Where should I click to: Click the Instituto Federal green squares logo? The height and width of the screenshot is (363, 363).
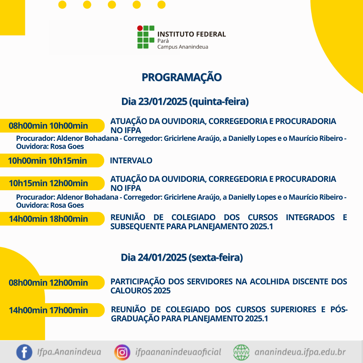146,37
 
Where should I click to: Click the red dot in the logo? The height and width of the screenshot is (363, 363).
140,28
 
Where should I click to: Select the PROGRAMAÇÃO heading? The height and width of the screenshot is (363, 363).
182,77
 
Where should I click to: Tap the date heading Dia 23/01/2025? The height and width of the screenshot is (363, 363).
185,102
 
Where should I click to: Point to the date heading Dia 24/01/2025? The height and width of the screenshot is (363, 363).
182,257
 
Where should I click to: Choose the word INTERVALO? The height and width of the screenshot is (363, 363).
131,160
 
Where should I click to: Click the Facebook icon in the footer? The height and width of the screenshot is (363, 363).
24,352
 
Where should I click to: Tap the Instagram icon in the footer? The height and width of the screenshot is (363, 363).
122,352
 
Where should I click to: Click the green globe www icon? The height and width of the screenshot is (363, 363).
241,352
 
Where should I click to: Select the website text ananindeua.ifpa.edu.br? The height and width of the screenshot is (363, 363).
300,352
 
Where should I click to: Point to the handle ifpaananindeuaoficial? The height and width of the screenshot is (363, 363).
178,352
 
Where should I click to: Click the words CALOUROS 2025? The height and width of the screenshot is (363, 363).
140,290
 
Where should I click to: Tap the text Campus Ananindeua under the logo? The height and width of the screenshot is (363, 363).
183,47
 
